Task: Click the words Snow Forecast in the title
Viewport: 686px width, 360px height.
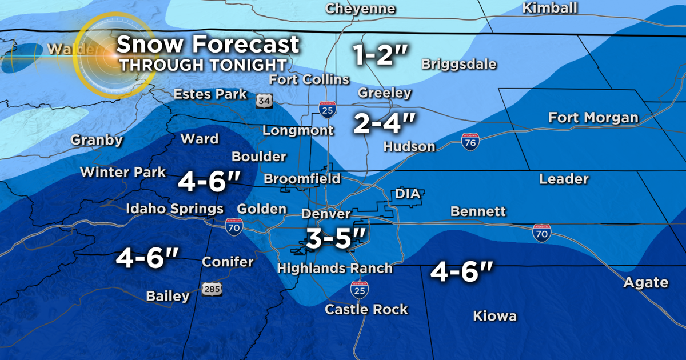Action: [209, 44]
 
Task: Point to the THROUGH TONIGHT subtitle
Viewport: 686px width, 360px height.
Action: [202, 64]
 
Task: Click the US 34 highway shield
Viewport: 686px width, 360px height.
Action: [264, 101]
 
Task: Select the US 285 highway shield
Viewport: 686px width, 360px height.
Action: [212, 289]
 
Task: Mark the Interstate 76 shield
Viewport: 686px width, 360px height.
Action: [470, 142]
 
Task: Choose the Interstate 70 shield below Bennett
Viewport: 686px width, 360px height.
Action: [541, 233]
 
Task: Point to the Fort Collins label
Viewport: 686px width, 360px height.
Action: [309, 79]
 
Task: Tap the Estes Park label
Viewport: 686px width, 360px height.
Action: [210, 94]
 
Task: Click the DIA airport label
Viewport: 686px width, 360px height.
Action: [408, 194]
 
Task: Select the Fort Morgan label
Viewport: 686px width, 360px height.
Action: [593, 118]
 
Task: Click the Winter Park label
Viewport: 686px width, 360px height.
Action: [123, 172]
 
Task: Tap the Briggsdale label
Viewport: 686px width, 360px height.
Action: [458, 64]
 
